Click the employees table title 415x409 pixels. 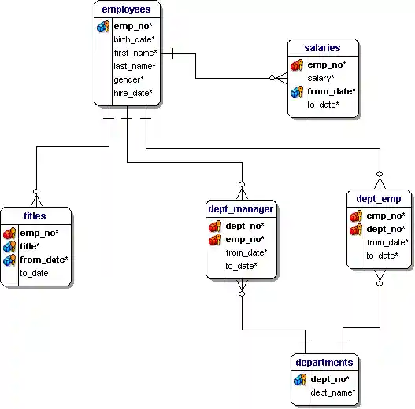pyautogui.click(x=126, y=9)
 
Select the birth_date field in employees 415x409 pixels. pyautogui.click(x=134, y=39)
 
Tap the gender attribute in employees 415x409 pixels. pyautogui.click(x=128, y=79)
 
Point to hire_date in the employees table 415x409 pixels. pyautogui.click(x=133, y=93)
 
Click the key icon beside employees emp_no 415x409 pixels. pyautogui.click(x=103, y=27)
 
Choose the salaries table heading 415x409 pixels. pyautogui.click(x=322, y=48)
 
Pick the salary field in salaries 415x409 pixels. pyautogui.click(x=321, y=78)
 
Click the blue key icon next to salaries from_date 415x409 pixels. pyautogui.click(x=297, y=92)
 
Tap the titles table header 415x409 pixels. pyautogui.click(x=35, y=216)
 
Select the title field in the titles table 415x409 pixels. pyautogui.click(x=30, y=246)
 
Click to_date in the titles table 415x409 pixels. pyautogui.click(x=34, y=273)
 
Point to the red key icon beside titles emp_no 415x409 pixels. pyautogui.click(x=9, y=234)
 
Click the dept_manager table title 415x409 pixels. pyautogui.click(x=241, y=209)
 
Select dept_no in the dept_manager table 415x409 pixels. pyautogui.click(x=245, y=226)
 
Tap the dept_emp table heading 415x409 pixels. pyautogui.click(x=379, y=199)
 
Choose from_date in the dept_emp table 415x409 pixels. pyautogui.click(x=387, y=242)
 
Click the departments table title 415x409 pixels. pyautogui.click(x=324, y=363)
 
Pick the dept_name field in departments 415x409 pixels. pyautogui.click(x=333, y=392)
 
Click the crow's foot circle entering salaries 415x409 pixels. pyautogui.click(x=272, y=78)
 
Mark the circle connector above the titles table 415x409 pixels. pyautogui.click(x=36, y=192)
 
